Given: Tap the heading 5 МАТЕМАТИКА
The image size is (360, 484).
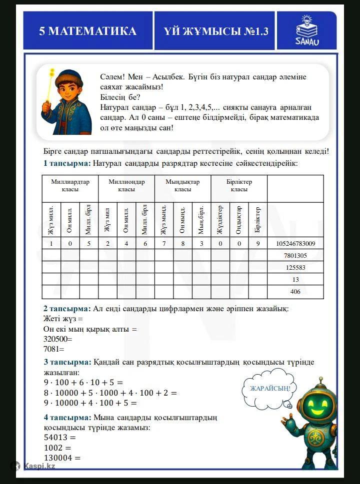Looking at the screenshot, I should click(88, 31).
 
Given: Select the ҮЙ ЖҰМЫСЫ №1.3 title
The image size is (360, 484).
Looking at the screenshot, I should click(216, 31).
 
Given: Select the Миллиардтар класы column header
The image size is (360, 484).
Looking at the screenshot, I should click(70, 186).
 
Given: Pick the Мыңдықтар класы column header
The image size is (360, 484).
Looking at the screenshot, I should click(182, 186).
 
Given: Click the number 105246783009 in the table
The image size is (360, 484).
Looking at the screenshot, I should click(295, 244).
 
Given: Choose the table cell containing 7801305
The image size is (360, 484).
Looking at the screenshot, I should click(295, 256).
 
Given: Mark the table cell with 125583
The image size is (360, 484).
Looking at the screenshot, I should click(295, 268).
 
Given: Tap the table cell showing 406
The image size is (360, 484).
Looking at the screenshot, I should click(295, 292).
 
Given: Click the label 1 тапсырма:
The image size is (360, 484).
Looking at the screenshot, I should click(67, 163).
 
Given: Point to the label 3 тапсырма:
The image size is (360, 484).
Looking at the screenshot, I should click(67, 362).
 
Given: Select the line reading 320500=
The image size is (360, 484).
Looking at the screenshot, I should click(58, 338).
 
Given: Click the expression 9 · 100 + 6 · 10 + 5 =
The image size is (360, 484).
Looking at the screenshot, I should click(83, 383).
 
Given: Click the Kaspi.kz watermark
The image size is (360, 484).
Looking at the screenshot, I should click(33, 466).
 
